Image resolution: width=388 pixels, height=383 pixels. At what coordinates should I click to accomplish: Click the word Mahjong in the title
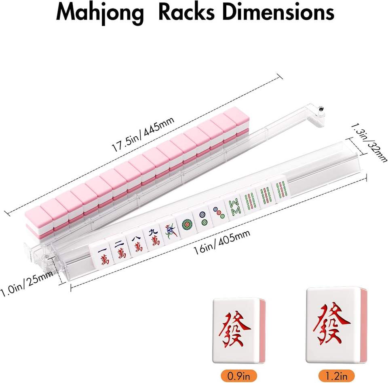point(100,13)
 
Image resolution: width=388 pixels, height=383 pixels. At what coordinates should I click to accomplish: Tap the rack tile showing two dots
point(202,217)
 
